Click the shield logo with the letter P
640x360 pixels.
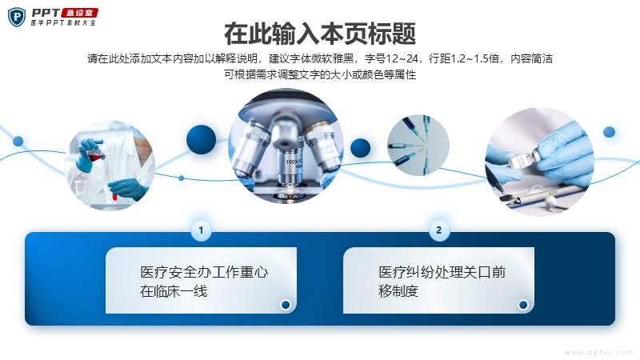pos(17,17)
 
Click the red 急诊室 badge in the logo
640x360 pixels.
pos(79,13)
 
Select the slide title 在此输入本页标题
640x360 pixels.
pos(320,34)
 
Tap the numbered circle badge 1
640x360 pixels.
pos(201,230)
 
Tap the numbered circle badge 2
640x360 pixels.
pos(438,230)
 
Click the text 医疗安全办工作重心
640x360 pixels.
pos(204,272)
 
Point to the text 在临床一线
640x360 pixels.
pos(174,291)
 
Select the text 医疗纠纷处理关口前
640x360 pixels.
pos(442,272)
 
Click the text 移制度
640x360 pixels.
pos(398,291)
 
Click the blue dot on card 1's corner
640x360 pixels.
pos(286,305)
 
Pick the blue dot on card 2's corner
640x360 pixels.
pos(523,305)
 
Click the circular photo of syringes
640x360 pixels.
pos(418,146)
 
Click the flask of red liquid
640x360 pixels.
pos(96,153)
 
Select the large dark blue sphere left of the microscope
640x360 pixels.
pos(202,139)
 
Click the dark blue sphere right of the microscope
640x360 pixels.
pos(361,148)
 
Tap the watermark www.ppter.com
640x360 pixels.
pos(599,352)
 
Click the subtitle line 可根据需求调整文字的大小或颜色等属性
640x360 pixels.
pos(320,74)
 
